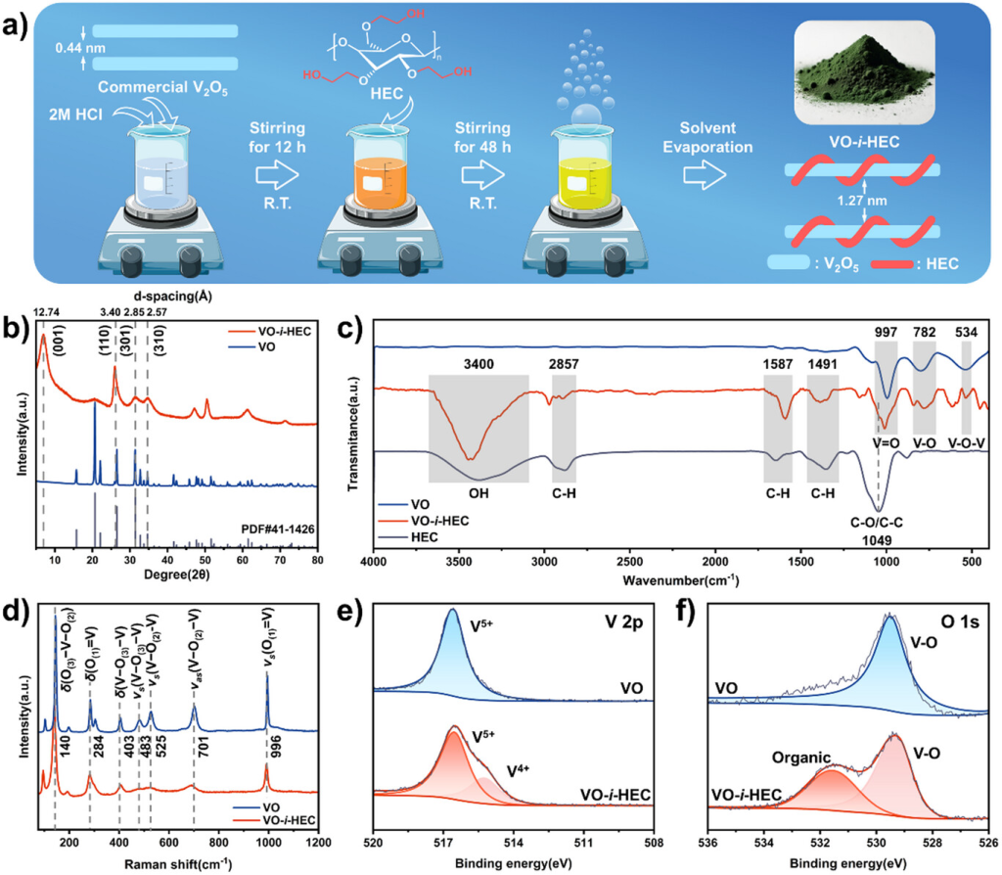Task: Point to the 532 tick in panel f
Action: [x=820, y=841]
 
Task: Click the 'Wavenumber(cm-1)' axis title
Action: [x=686, y=580]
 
